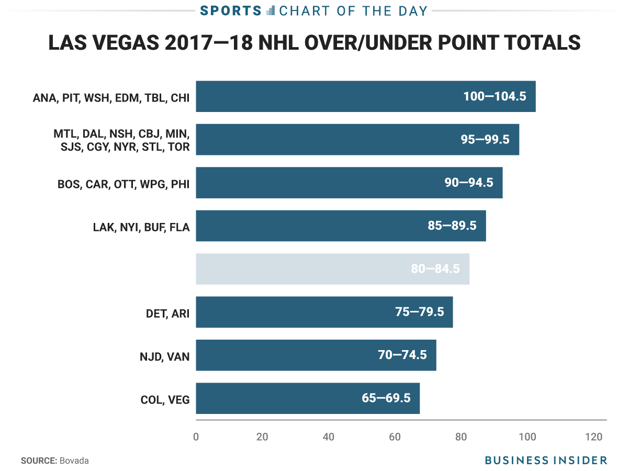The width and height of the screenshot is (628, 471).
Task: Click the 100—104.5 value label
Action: tap(495, 97)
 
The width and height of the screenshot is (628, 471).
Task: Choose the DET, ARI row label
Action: tap(167, 312)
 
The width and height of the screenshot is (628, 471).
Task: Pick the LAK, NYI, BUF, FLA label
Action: tap(141, 226)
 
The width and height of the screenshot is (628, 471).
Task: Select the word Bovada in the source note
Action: tap(74, 461)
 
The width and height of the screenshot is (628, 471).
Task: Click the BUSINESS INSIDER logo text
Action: tap(546, 461)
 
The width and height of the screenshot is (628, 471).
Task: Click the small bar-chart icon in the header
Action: tap(271, 10)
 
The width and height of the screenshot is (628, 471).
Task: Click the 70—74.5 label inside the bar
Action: tap(402, 355)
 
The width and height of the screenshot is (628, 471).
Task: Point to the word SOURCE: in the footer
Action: tap(39, 461)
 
